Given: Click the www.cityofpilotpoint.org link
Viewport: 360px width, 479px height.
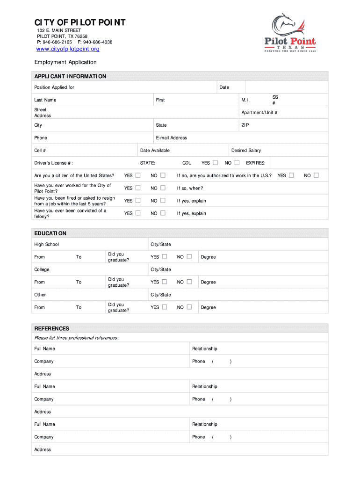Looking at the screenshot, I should pos(68,49).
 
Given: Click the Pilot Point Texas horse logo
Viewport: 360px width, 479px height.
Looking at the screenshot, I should pos(290,33).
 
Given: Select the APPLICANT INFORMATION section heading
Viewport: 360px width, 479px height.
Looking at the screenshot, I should pos(70,76).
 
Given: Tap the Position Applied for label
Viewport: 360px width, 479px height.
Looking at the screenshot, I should pos(54,87).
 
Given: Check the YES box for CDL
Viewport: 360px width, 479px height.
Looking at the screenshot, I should pos(215,163).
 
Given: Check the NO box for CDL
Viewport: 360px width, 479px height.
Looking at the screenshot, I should pos(237,163).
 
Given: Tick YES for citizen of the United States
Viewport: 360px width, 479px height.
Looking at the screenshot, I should pos(138,175).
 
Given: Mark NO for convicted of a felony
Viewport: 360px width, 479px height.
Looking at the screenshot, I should pos(163,213).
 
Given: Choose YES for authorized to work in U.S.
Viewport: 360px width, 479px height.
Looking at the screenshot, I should pos(291,175).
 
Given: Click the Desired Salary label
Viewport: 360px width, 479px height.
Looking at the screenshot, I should pos(246,151).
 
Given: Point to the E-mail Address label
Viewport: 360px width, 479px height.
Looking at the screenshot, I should pos(171,138).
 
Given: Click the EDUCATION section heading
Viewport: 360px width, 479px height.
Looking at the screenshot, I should pos(50,233).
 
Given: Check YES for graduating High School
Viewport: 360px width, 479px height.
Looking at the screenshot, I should pos(165,257).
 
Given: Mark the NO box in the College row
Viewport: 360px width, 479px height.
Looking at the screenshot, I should pos(189,282).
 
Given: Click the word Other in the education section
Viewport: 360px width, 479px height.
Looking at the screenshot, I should pos(40,295).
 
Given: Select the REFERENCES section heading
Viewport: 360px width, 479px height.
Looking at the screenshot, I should pos(52,328).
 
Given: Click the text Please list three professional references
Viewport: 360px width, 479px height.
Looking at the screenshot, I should pos(76,338).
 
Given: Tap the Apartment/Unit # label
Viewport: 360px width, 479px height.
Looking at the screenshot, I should pos(259,113).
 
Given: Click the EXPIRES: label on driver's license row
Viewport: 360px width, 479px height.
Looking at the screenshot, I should pos(256,163).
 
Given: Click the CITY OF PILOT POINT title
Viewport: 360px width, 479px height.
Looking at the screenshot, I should pos(79,23).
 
